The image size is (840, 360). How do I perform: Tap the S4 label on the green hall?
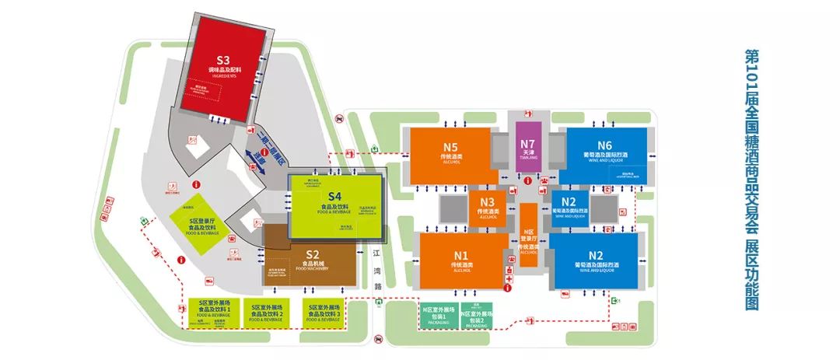335,196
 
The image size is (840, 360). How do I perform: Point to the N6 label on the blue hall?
605,145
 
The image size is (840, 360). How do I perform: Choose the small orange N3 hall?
488,208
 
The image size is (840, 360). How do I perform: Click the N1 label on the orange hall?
461,256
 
